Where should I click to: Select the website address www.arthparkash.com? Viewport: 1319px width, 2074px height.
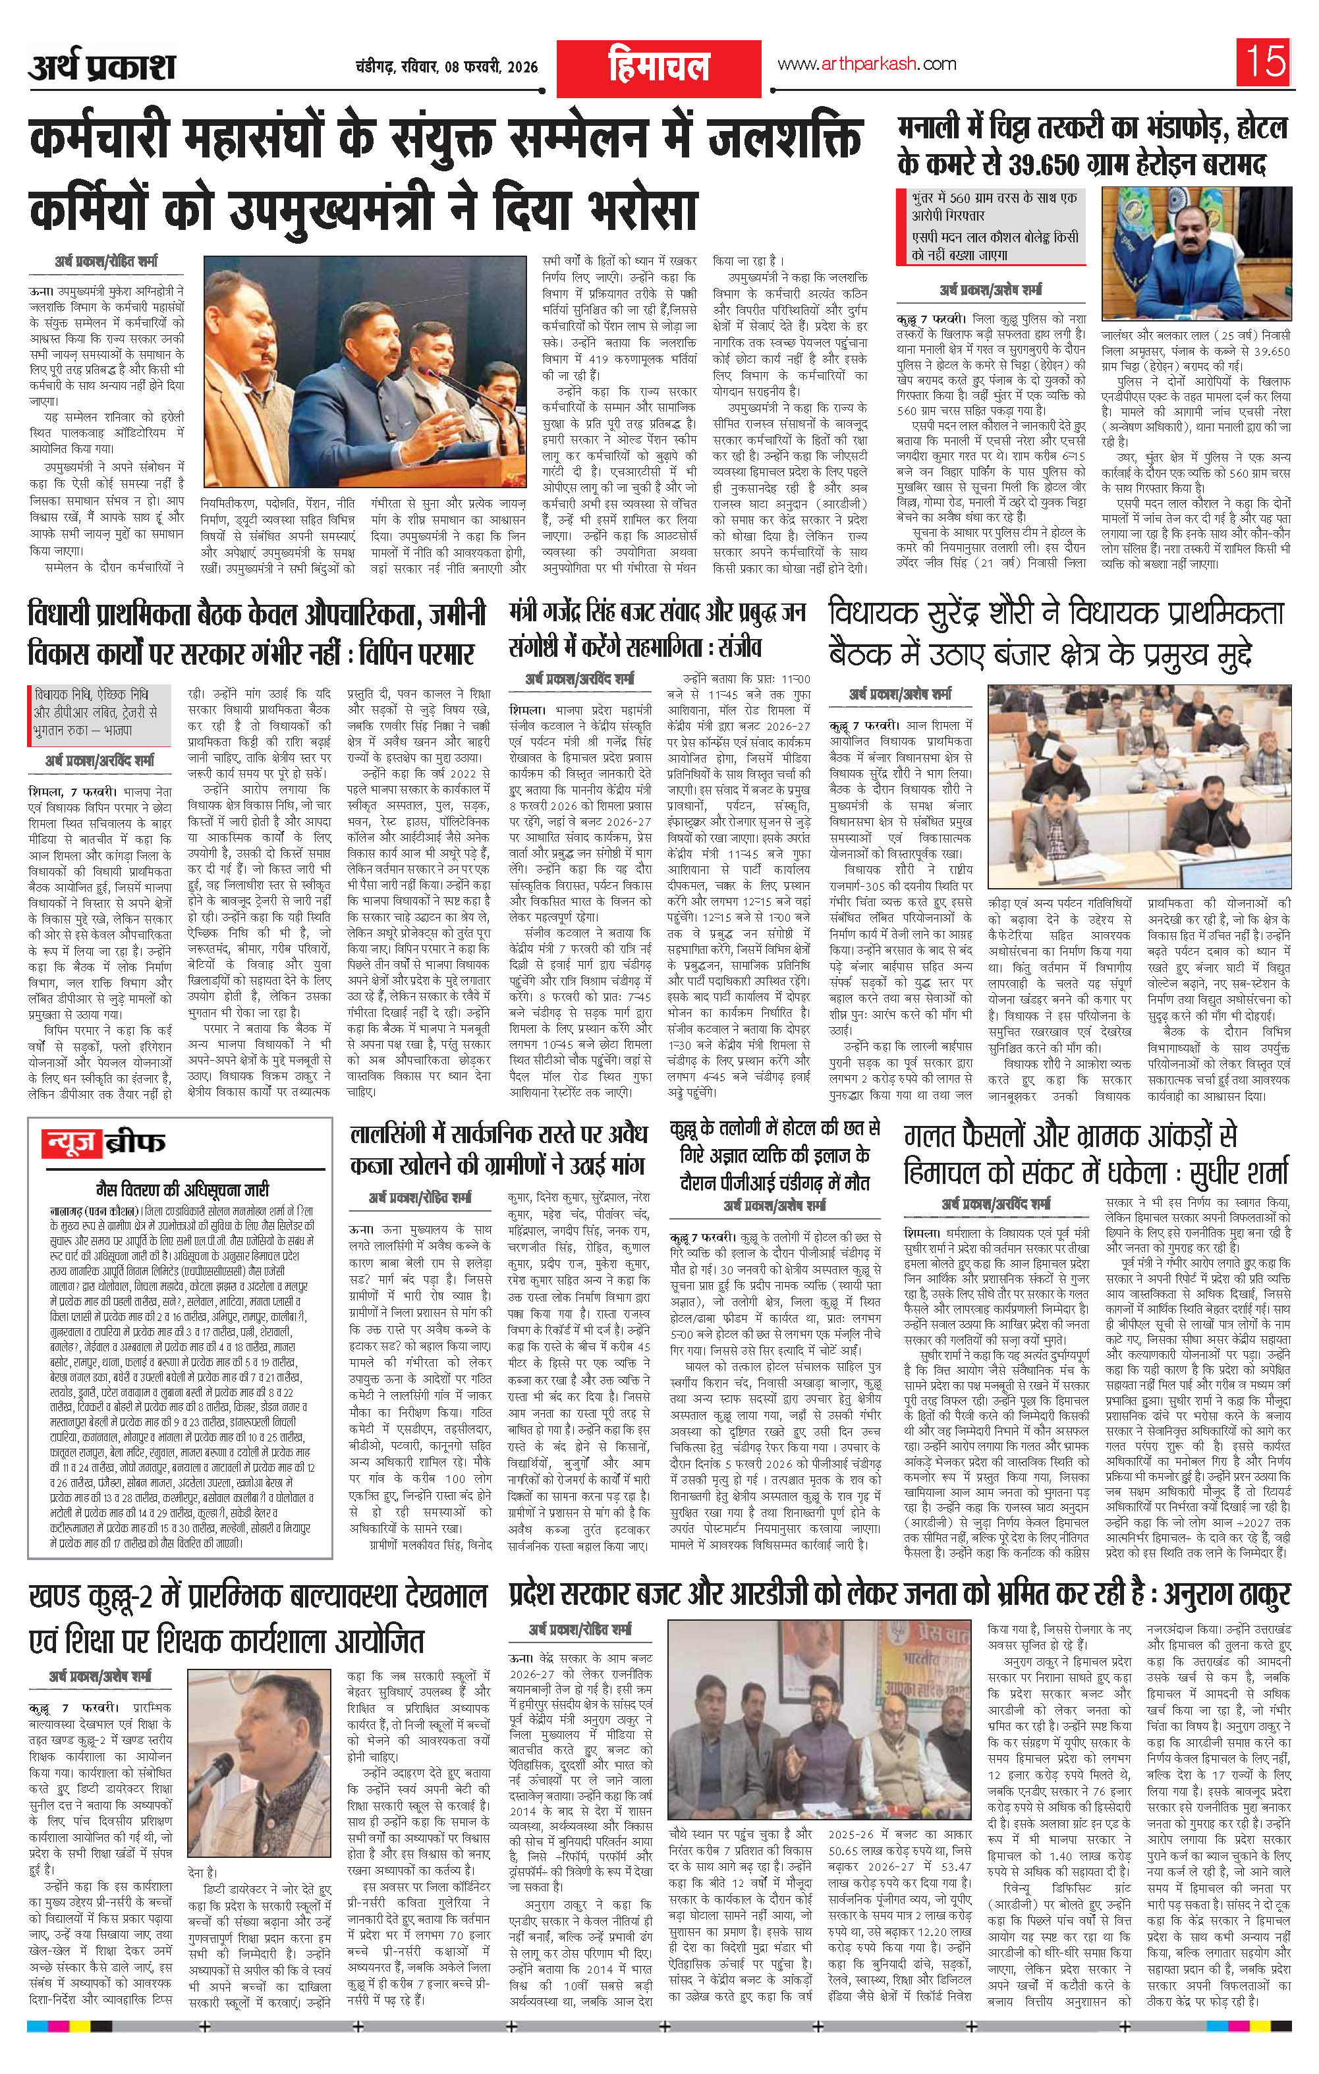pos(866,64)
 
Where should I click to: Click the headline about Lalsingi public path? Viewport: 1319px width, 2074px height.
pos(497,1149)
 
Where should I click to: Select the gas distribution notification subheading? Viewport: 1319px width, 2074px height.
pos(180,1188)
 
